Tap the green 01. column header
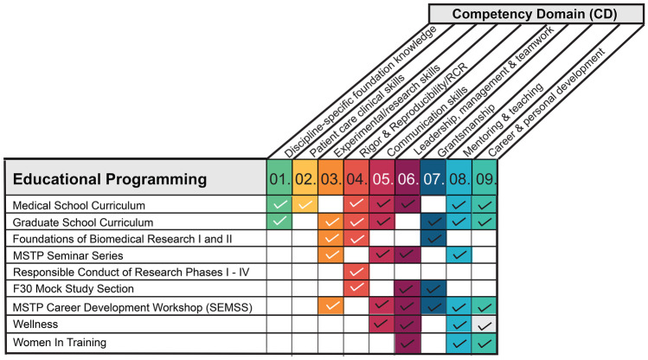(x=279, y=180)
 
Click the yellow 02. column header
(x=305, y=180)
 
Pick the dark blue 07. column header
(x=433, y=180)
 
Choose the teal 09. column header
(x=485, y=180)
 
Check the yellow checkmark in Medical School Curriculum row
(x=305, y=205)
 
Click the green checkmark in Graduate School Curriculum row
(x=279, y=222)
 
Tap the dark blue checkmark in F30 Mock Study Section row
(x=433, y=288)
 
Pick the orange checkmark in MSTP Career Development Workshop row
(x=330, y=305)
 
